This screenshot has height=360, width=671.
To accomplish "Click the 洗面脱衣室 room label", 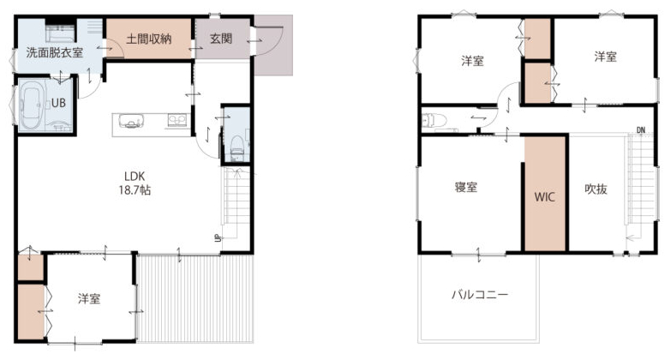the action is pyautogui.click(x=55, y=52).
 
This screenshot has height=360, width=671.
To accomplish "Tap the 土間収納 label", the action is pyautogui.click(x=149, y=39).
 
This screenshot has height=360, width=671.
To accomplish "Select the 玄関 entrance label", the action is pyautogui.click(x=221, y=39).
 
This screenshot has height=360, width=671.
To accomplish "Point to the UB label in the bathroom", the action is pyautogui.click(x=58, y=103).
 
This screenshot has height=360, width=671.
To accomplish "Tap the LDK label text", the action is pyautogui.click(x=135, y=176).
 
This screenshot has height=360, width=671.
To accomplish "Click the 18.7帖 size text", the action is pyautogui.click(x=135, y=190).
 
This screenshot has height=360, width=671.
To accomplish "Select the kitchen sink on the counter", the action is pyautogui.click(x=129, y=121).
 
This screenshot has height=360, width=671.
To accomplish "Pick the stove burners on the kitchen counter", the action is pyautogui.click(x=177, y=120).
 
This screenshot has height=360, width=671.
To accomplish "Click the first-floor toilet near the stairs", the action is pyautogui.click(x=237, y=146).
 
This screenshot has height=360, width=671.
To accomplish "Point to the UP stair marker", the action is pyautogui.click(x=218, y=238).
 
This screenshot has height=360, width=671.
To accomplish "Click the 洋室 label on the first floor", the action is pyautogui.click(x=89, y=298).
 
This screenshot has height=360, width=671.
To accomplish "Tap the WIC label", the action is pyautogui.click(x=544, y=197).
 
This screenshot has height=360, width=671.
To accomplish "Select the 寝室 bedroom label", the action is pyautogui.click(x=466, y=187).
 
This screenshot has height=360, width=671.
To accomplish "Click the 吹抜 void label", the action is pyautogui.click(x=596, y=189).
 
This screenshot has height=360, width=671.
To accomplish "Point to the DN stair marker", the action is pyautogui.click(x=641, y=130).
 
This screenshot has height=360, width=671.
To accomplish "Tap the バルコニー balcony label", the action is pyautogui.click(x=480, y=295).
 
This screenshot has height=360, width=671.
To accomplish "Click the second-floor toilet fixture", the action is pyautogui.click(x=434, y=120).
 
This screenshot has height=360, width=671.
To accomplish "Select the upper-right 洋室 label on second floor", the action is pyautogui.click(x=605, y=57).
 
